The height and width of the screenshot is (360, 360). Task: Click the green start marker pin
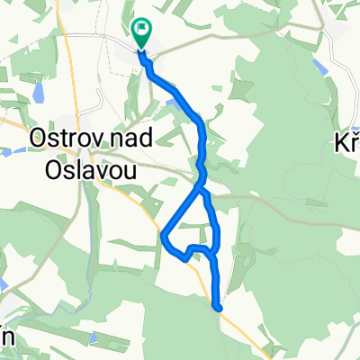(x=142, y=31)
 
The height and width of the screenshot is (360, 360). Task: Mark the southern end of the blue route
(x=218, y=308)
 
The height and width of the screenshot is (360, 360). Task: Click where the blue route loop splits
(x=201, y=189)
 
